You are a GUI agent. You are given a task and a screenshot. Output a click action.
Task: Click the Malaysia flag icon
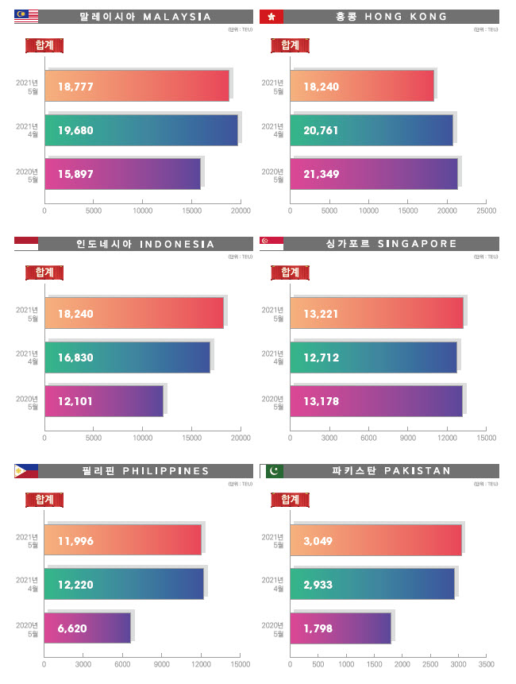point(26,16)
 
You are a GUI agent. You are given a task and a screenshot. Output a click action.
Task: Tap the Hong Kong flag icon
point(271,16)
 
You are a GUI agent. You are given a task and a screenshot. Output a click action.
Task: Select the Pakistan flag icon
point(271,471)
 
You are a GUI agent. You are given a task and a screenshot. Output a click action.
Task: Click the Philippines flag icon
point(26,471)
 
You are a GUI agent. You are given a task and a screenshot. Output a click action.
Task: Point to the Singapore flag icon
point(271,243)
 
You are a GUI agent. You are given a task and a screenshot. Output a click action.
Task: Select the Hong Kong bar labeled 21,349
point(373,174)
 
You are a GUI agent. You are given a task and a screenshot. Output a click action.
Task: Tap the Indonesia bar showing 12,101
point(103,401)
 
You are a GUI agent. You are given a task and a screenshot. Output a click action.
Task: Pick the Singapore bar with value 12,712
point(373,357)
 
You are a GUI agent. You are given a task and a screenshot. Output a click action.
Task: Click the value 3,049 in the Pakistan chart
point(318,541)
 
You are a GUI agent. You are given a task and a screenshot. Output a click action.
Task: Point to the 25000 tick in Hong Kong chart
point(486,211)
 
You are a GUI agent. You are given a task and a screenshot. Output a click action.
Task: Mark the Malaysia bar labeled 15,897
point(122,174)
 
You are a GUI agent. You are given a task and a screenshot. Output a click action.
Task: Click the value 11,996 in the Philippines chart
point(75,541)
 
